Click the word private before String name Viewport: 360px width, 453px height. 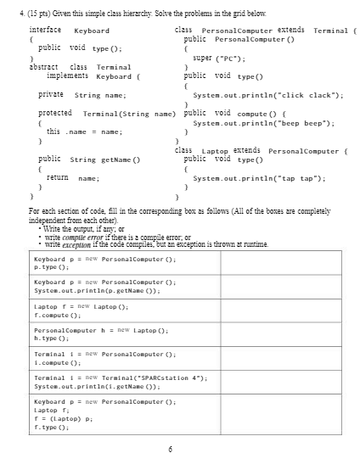click(x=53, y=94)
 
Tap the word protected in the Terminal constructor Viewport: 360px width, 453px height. click(x=55, y=113)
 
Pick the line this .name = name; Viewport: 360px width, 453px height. click(x=80, y=131)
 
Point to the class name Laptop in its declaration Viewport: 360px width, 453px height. click(x=211, y=150)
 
